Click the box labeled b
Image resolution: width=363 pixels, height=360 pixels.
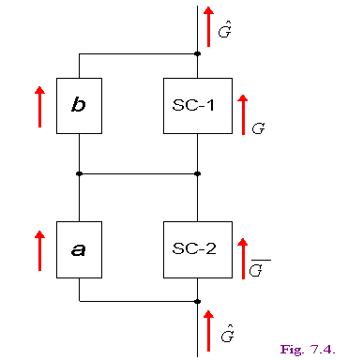[x=79, y=106]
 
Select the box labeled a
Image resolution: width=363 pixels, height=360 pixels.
[x=79, y=249]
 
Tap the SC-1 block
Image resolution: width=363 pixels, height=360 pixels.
[x=198, y=106]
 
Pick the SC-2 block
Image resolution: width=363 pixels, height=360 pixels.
[x=198, y=249]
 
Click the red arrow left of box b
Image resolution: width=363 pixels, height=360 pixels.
[x=39, y=107]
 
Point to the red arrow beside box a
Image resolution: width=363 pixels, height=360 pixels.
[x=39, y=250]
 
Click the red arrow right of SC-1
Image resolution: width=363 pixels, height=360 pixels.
[x=243, y=114]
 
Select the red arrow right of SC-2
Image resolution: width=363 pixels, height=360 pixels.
[x=243, y=259]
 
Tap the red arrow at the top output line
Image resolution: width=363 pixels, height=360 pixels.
[x=208, y=26]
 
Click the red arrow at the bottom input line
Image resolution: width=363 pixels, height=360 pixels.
[x=208, y=331]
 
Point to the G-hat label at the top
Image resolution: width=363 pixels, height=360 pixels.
[x=225, y=30]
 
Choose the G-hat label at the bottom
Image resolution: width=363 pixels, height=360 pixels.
[x=227, y=334]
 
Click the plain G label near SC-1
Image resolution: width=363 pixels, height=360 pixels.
[x=258, y=128]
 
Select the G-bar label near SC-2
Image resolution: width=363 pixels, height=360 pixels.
[x=260, y=268]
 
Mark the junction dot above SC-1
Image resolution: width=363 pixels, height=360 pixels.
[x=197, y=53]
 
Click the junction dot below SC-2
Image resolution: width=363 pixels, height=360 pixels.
[x=197, y=302]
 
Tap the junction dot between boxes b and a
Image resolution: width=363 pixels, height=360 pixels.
[x=79, y=173]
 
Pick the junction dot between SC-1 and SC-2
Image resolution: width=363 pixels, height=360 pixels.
[x=197, y=173]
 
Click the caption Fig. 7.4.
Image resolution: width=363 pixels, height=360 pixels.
[x=308, y=350]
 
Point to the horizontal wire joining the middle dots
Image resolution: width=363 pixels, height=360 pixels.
[x=138, y=173]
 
